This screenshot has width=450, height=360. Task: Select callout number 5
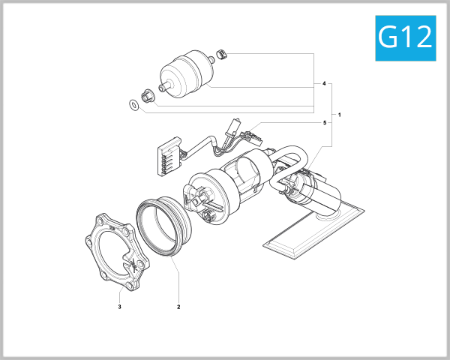coord(324,122)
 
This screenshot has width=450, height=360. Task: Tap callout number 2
coord(178,306)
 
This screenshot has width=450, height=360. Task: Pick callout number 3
coord(119,306)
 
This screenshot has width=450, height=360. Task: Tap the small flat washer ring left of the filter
coord(133,104)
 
